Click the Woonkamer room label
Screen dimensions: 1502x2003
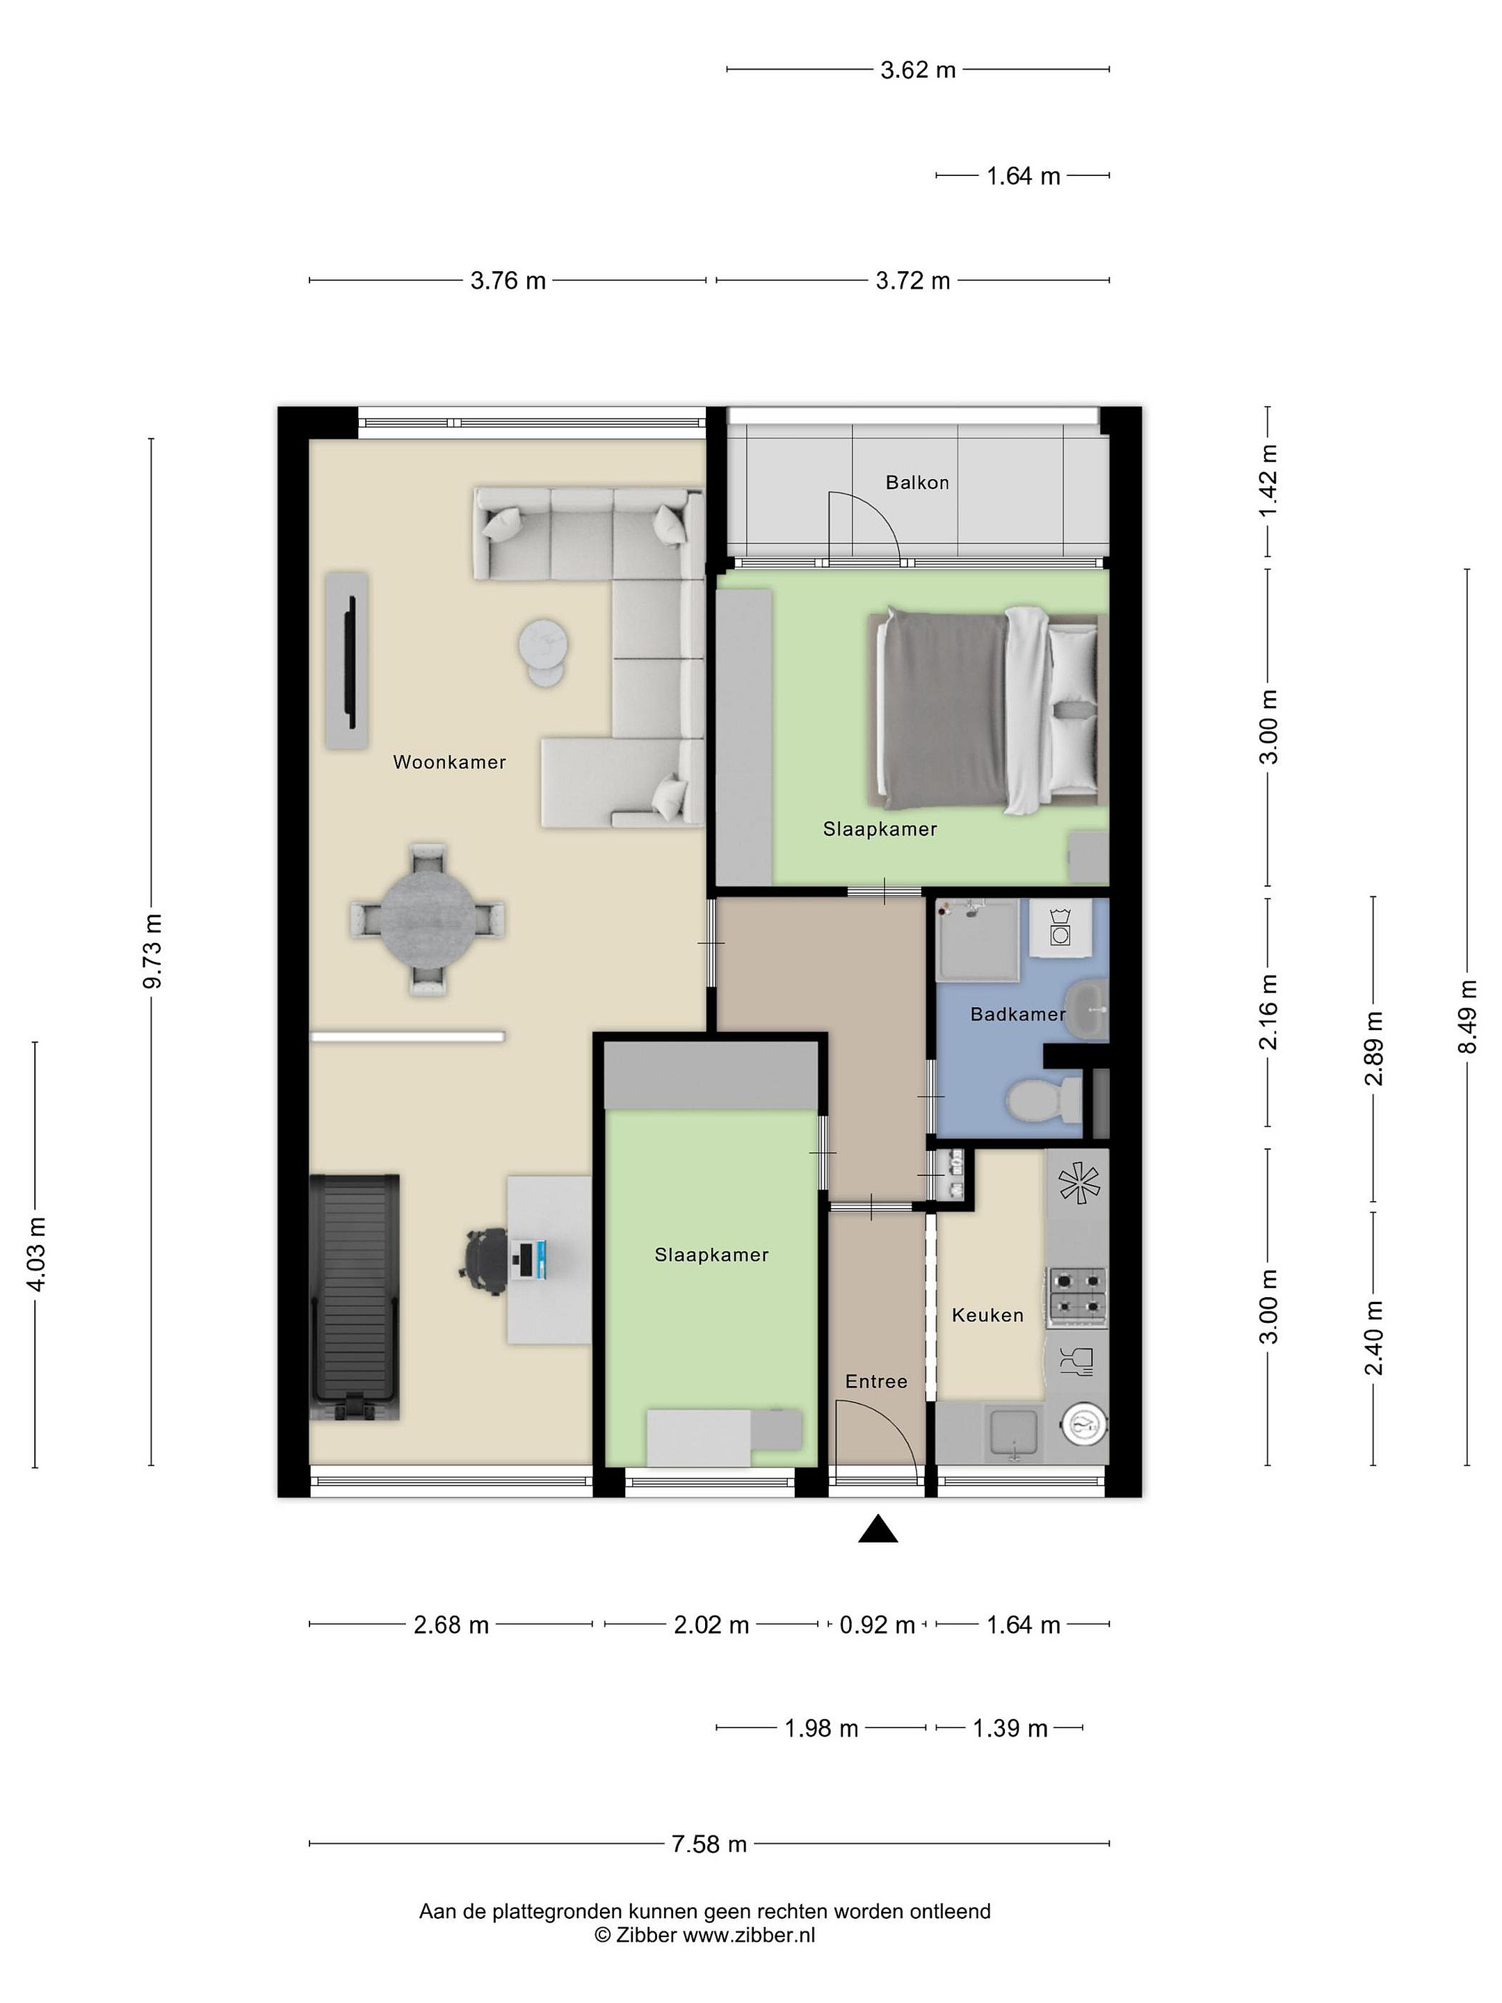pos(449,762)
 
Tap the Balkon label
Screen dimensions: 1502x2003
pos(917,483)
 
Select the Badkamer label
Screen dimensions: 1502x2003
pos(1017,1014)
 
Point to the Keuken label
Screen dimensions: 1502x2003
pos(987,1314)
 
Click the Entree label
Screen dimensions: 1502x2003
pos(875,1381)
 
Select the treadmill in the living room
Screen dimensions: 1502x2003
pos(354,1296)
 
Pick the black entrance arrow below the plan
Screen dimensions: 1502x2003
pos(878,1529)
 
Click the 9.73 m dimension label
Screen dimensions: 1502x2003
pos(152,951)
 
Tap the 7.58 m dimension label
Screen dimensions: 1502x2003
pos(709,1844)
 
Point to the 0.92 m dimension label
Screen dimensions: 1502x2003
pos(876,1625)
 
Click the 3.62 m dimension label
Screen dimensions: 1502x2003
pos(918,70)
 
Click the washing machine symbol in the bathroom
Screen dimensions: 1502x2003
pos(1059,926)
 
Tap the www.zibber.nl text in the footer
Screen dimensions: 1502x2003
pos(748,1935)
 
